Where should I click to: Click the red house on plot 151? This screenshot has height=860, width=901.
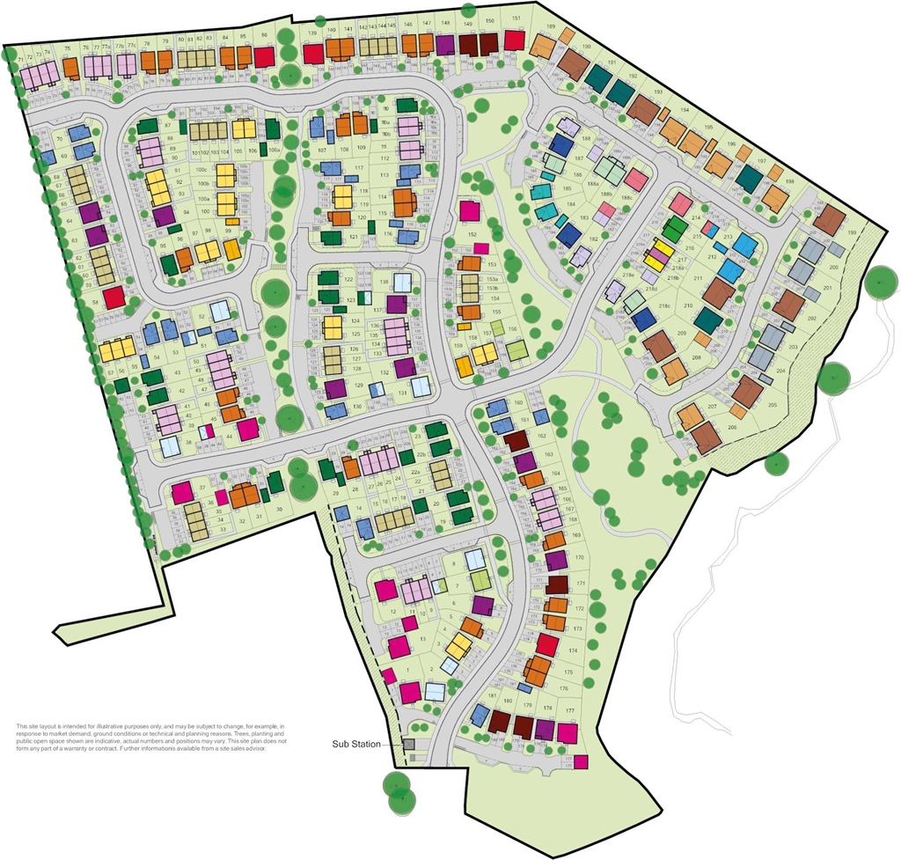515,40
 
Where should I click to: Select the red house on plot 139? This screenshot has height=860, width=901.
313,54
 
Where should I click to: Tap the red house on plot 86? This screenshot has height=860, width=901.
264,56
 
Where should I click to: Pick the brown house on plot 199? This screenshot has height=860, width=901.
829,219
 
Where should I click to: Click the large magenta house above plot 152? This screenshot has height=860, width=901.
470,211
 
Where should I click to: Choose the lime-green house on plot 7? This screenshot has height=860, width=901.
480,580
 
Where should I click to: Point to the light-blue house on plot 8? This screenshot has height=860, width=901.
475,560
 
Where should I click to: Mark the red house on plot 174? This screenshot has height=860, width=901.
547,645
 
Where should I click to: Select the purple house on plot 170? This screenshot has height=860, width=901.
555,561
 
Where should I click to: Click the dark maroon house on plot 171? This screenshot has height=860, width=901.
556,584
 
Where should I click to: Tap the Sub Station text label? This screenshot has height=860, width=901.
355,745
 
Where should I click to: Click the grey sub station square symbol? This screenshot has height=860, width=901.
409,745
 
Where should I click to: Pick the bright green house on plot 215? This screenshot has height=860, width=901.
673,230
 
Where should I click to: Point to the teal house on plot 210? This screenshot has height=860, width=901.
707,320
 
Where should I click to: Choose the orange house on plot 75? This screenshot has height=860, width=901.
72,67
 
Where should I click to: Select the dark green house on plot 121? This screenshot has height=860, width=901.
331,237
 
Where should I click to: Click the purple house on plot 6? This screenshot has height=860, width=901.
481,605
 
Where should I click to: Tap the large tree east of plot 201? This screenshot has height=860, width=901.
879,283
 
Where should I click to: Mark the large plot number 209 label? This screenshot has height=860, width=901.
681,334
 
